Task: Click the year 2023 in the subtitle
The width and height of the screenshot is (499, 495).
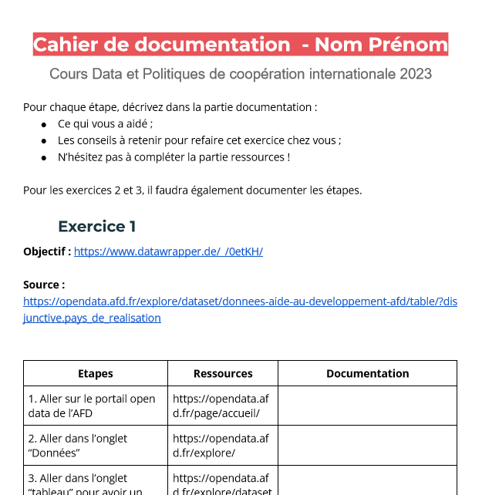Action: click(x=416, y=74)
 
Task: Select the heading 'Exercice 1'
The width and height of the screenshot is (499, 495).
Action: click(x=97, y=226)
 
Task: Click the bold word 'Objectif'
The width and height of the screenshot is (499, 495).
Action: click(x=45, y=251)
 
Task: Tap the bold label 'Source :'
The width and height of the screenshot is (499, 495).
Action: click(x=44, y=285)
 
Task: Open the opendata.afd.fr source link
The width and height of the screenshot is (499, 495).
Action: click(x=240, y=301)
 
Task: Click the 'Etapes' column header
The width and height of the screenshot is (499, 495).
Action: click(x=96, y=373)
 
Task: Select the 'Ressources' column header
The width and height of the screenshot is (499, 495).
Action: click(x=223, y=373)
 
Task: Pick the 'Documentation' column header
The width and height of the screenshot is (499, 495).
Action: click(x=367, y=373)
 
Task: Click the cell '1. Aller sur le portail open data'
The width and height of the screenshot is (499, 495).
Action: click(x=92, y=406)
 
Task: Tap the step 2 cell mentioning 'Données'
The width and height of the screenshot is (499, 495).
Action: click(x=78, y=445)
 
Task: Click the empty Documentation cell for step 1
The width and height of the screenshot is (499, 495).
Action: click(x=367, y=406)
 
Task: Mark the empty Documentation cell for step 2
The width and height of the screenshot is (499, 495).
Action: click(x=367, y=445)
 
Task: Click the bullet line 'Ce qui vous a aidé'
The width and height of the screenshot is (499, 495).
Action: click(x=106, y=123)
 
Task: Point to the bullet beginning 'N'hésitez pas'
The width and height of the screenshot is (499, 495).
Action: click(x=174, y=157)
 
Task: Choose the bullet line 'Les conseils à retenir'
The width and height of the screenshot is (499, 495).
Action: click(x=199, y=140)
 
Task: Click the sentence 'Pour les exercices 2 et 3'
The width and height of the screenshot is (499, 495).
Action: click(x=192, y=190)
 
